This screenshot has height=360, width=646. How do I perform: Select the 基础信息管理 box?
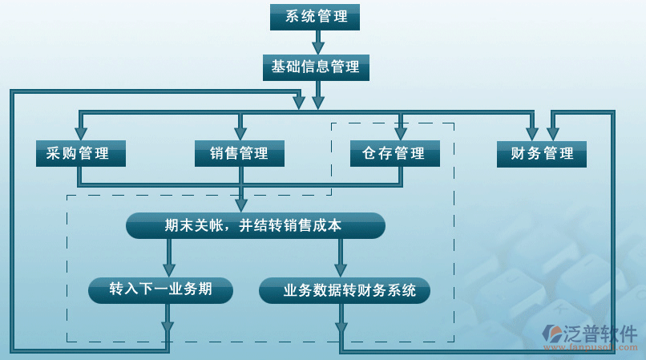(x=316, y=67)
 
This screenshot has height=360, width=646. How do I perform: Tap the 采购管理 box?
(x=81, y=153)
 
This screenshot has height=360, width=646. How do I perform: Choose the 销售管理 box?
(x=239, y=153)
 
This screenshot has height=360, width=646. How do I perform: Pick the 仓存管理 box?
(x=394, y=153)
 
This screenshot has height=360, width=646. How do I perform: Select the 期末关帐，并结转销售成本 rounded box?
(x=256, y=226)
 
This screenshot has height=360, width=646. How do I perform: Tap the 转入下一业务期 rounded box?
(x=160, y=289)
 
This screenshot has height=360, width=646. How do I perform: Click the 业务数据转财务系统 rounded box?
(x=345, y=290)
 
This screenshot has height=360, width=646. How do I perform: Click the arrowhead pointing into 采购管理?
(x=81, y=131)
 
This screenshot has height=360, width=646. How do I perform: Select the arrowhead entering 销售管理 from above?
(x=239, y=131)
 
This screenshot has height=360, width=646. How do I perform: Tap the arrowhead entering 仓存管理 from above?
(x=401, y=131)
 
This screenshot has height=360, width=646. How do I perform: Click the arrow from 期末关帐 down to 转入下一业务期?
(x=169, y=259)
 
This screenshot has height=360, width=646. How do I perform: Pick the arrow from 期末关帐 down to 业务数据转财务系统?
(x=341, y=259)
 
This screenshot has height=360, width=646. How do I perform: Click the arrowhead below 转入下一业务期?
(x=167, y=326)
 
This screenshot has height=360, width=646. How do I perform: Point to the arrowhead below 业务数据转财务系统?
(x=341, y=326)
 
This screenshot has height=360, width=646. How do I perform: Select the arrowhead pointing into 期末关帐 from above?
(x=241, y=204)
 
